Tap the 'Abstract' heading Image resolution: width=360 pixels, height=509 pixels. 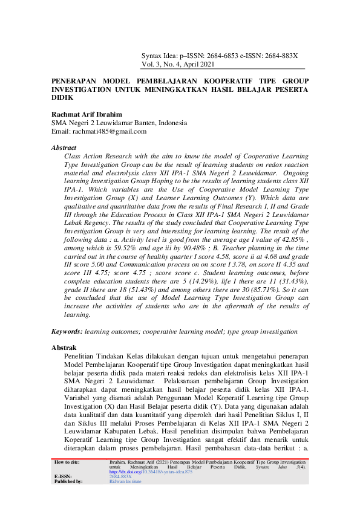64,148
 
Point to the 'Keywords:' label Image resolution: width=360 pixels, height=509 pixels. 67,332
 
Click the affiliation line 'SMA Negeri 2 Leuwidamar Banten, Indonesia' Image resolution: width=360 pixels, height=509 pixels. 119,123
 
